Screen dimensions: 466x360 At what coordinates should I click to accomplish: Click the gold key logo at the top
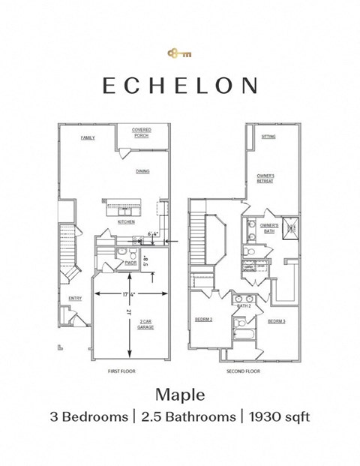pos(179,53)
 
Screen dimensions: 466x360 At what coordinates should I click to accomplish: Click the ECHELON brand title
pos(179,86)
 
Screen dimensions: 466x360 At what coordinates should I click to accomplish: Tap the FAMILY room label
pos(88,138)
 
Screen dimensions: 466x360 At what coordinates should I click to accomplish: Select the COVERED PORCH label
pos(142,133)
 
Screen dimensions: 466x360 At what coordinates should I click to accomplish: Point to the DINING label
pos(142,171)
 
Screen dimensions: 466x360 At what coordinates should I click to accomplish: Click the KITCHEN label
pos(125,222)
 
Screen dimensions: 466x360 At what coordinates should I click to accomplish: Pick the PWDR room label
pos(130,263)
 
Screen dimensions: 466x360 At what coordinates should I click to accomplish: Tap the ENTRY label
pos(75,298)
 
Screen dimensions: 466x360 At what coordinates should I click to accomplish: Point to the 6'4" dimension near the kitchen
pos(151,233)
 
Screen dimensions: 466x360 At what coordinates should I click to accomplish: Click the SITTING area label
pos(268,137)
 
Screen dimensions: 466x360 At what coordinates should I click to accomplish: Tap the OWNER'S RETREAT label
pos(265,178)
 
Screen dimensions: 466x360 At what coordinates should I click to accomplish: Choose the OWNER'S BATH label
pos(269,227)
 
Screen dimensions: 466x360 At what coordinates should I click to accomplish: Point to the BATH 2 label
pos(243,306)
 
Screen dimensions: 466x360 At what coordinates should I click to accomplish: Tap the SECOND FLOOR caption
pos(243,371)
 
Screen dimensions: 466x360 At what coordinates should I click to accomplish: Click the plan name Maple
pos(179,393)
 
